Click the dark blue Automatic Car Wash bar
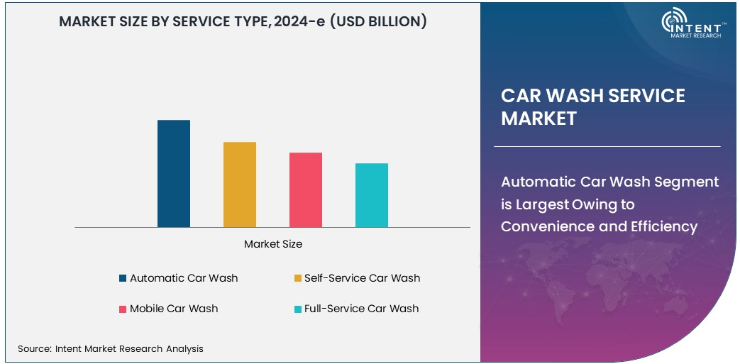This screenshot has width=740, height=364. [174, 174]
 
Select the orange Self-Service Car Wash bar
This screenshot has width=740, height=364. [240, 184]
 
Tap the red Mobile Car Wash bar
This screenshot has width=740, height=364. [306, 189]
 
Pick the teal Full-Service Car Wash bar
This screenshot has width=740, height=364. [372, 195]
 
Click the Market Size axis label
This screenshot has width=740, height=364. [273, 244]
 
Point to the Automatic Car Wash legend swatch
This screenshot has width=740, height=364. [123, 278]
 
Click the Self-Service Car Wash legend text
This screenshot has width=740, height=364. [362, 278]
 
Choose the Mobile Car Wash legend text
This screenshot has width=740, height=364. [174, 309]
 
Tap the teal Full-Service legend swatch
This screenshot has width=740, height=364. [297, 309]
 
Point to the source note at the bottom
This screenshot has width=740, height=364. [111, 348]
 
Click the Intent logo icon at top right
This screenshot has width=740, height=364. [674, 23]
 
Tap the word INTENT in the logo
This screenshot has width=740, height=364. [701, 23]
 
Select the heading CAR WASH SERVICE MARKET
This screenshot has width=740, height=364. [593, 107]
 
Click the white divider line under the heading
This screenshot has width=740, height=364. [607, 146]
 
